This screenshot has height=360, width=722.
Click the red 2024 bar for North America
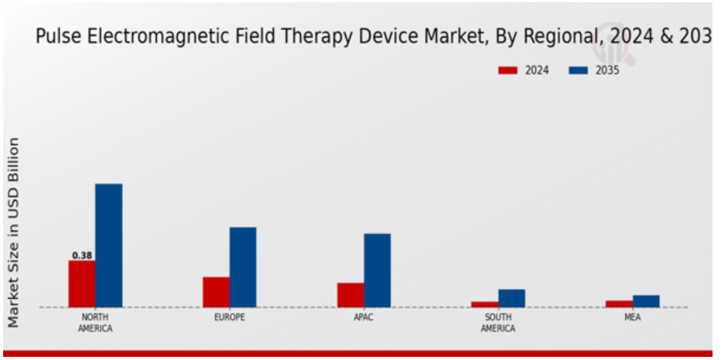[x=82, y=284]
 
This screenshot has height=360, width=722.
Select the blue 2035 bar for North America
[x=109, y=245]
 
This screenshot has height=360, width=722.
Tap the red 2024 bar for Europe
[x=217, y=292]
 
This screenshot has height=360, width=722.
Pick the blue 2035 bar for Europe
[x=243, y=267]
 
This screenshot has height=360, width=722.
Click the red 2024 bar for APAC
[x=351, y=295]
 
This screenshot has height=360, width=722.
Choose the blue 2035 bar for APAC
[x=378, y=270]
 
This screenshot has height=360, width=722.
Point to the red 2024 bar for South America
[x=485, y=304]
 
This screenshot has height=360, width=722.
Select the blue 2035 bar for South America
[x=512, y=298]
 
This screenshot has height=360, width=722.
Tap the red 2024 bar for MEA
[x=620, y=304]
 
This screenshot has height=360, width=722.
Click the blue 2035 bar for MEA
[x=646, y=301]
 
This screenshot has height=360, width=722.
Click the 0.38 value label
[x=82, y=255]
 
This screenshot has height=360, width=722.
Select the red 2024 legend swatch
[x=508, y=70]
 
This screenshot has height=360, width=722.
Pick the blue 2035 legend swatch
[x=579, y=70]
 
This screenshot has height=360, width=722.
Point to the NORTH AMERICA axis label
[x=95, y=323]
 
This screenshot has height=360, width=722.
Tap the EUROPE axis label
[x=229, y=317]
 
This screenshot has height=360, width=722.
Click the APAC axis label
[x=364, y=317]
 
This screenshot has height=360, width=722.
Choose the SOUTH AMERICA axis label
[x=498, y=323]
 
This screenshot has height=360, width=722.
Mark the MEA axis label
[x=633, y=317]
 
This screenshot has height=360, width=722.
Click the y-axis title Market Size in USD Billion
[x=14, y=232]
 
